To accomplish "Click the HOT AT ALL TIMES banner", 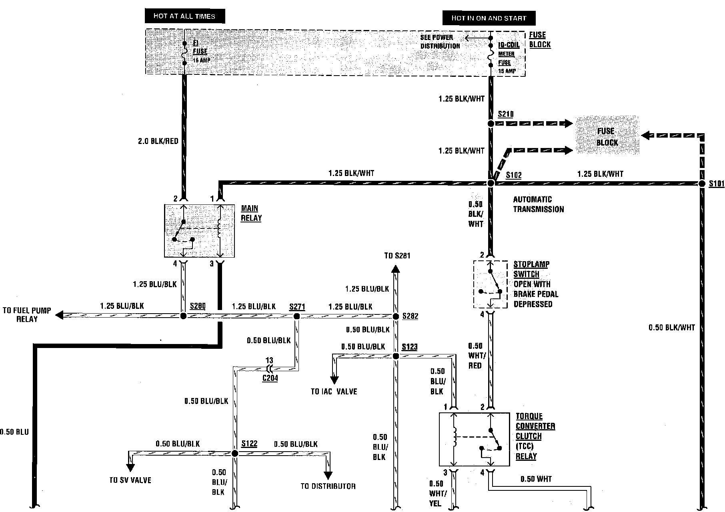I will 184,16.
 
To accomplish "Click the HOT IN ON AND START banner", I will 489,18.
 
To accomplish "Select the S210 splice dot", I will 491,124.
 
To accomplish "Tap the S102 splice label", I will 514,175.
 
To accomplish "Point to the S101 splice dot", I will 701,184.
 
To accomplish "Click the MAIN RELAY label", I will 251,213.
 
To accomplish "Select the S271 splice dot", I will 296,316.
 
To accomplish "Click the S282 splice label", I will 410,316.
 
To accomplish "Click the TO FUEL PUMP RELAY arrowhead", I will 59,315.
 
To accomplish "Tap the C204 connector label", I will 270,378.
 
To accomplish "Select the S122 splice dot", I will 235,453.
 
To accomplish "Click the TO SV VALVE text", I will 130,480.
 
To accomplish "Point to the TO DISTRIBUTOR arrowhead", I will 328,475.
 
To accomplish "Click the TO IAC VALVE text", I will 334,391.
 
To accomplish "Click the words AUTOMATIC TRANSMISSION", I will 538,204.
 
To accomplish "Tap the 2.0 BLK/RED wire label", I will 158,141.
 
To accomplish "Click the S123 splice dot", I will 396,356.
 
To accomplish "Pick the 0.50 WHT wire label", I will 536,479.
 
